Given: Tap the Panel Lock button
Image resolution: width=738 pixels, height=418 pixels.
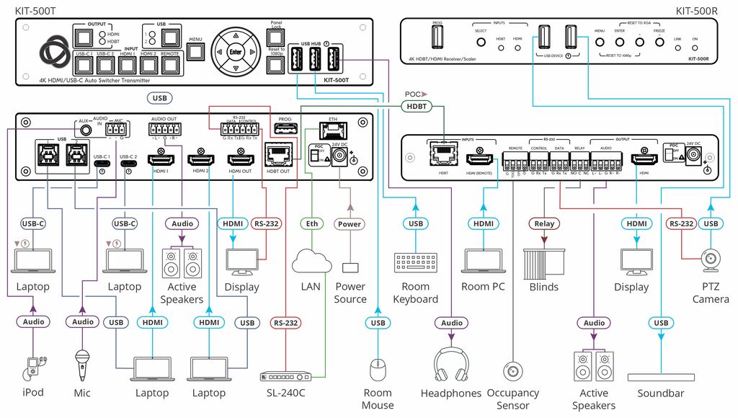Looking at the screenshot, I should (276, 37).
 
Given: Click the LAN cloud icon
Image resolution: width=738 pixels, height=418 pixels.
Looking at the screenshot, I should (311, 259).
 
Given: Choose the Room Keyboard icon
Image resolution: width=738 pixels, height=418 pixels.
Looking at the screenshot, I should (415, 262).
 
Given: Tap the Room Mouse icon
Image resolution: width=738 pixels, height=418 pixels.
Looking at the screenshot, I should (378, 370).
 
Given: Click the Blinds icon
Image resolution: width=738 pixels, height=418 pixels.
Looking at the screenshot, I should (544, 262).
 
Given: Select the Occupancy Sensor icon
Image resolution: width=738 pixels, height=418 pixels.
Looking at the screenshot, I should (513, 370).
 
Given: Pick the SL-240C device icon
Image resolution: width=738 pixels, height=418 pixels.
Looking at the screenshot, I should (285, 375).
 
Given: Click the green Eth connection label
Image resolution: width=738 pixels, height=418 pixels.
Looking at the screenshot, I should (311, 224).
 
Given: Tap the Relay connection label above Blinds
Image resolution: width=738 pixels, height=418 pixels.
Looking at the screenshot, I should (544, 224).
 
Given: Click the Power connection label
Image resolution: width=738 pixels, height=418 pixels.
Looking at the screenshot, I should (350, 224).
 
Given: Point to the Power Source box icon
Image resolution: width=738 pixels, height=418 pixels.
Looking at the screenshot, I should (350, 268).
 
